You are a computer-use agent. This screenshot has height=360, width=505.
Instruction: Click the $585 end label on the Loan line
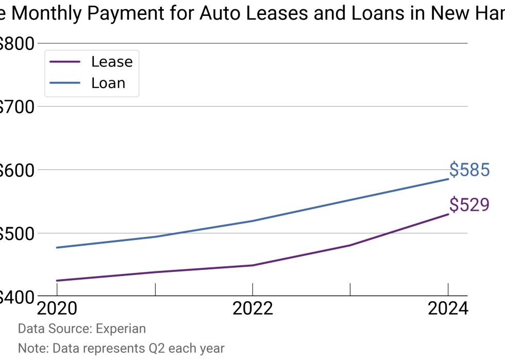click(x=469, y=170)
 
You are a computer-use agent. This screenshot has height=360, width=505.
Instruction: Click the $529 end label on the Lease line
click(x=469, y=205)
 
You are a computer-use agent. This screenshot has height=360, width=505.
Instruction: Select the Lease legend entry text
click(x=112, y=62)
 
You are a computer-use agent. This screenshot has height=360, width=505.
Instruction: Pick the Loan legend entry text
click(x=108, y=83)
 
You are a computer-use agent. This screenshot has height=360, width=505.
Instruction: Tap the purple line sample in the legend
click(x=65, y=62)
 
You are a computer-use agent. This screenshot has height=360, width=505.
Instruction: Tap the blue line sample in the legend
click(x=65, y=83)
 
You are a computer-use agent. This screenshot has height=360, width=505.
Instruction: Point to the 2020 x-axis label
click(x=57, y=308)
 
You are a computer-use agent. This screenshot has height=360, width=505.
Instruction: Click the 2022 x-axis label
click(x=252, y=308)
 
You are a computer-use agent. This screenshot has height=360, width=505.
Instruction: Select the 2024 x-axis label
click(x=448, y=308)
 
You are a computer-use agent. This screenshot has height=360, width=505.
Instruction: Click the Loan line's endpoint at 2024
click(x=448, y=179)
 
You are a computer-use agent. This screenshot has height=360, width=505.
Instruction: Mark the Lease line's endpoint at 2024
click(x=448, y=214)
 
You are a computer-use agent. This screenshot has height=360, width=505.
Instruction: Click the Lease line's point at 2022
click(x=252, y=265)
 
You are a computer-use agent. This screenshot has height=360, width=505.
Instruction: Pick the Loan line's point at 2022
click(x=252, y=221)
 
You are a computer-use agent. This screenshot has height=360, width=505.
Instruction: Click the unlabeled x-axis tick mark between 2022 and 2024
click(x=350, y=289)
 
